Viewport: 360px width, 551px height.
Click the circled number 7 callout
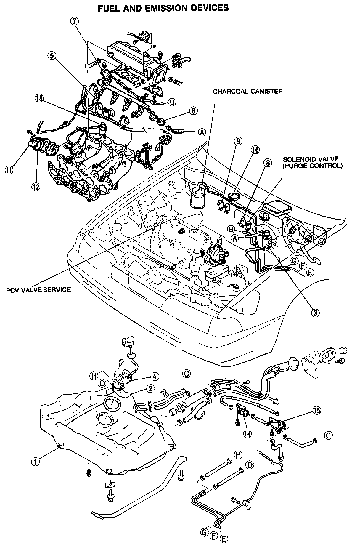click(x=75, y=21)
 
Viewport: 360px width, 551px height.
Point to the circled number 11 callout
click(x=9, y=170)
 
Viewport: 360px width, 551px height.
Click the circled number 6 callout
click(x=193, y=111)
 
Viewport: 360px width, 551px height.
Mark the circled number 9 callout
click(x=237, y=141)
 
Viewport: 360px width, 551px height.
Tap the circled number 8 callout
click(x=267, y=162)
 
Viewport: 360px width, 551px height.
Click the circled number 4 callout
click(x=154, y=377)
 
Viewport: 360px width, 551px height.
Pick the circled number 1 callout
click(x=36, y=461)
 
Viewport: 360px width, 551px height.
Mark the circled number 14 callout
click(x=247, y=433)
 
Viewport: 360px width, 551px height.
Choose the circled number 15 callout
click(x=316, y=411)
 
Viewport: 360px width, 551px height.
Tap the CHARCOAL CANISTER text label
click(x=247, y=91)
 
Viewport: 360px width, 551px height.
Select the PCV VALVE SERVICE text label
click(x=38, y=289)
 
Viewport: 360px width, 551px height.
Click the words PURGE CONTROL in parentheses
click(x=312, y=166)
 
